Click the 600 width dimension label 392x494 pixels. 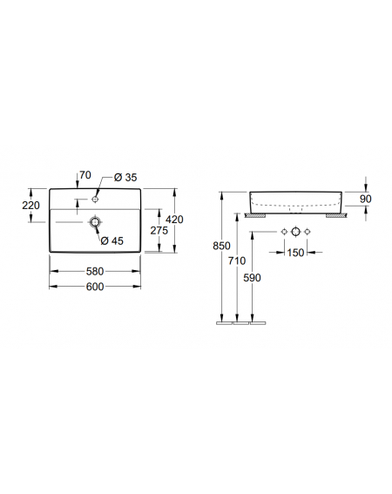[x=95, y=287]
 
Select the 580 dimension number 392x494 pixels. [x=95, y=271]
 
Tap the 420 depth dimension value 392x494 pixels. [x=174, y=220]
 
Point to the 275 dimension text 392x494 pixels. [x=159, y=231]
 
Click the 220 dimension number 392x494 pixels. [x=30, y=206]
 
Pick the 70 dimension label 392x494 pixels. [x=85, y=175]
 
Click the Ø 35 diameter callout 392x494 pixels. [x=125, y=178]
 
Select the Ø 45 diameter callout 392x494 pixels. [x=112, y=241]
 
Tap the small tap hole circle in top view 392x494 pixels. [x=95, y=200]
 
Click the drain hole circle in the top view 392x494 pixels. [x=95, y=222]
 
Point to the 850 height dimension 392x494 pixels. [x=221, y=246]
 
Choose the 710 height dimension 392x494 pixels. [x=237, y=261]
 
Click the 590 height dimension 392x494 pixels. [x=252, y=278]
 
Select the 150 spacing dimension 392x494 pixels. [x=295, y=253]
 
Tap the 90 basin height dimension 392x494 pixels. [x=366, y=199]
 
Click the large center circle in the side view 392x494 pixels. [x=295, y=232]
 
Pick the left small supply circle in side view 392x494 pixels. [x=284, y=232]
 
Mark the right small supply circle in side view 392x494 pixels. [x=308, y=232]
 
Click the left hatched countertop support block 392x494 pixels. [x=255, y=215]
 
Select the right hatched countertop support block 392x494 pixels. [x=337, y=215]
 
